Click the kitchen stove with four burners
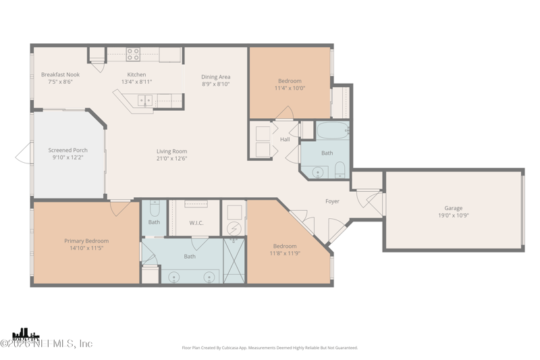(133, 55)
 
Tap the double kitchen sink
(145, 101)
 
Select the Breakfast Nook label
(60, 74)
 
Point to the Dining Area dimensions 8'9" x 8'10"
(215, 84)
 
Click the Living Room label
(171, 151)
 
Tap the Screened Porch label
(67, 150)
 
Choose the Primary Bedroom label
(86, 240)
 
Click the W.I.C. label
(196, 222)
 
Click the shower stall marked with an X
(234, 261)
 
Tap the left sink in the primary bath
(174, 277)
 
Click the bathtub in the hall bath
(332, 130)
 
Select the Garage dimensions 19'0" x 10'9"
(453, 215)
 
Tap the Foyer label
(332, 201)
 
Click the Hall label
(285, 140)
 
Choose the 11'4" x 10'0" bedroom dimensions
(290, 88)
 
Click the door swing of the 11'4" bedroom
(285, 113)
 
